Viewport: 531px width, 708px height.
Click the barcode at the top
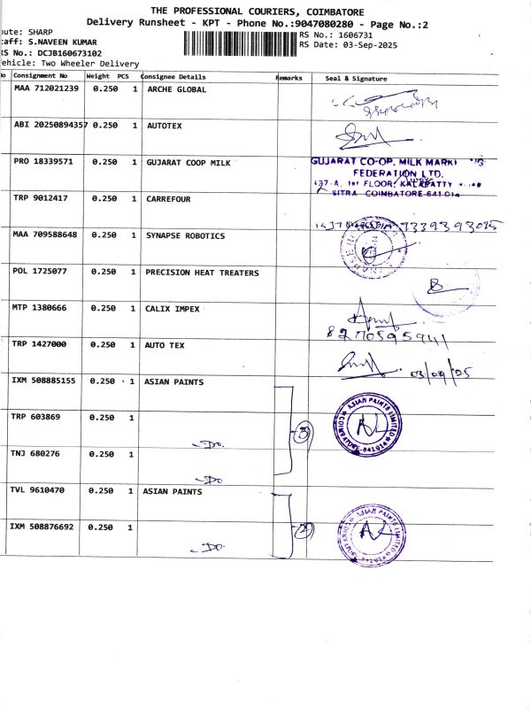tap(239, 42)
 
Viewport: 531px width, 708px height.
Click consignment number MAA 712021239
tap(46, 88)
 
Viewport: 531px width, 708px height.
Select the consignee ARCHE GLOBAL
tap(176, 89)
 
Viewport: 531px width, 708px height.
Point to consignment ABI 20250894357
tap(50, 126)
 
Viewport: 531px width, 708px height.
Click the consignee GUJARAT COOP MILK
tap(188, 163)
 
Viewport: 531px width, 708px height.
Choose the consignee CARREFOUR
tap(168, 199)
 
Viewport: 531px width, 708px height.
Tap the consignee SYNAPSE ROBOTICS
tap(185, 236)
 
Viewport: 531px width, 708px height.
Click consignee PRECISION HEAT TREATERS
tap(202, 273)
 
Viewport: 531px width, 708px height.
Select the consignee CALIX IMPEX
tap(173, 309)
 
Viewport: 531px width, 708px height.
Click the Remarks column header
tap(289, 78)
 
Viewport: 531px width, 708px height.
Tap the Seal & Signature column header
tap(356, 79)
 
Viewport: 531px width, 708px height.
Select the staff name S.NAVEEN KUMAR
tap(62, 42)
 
